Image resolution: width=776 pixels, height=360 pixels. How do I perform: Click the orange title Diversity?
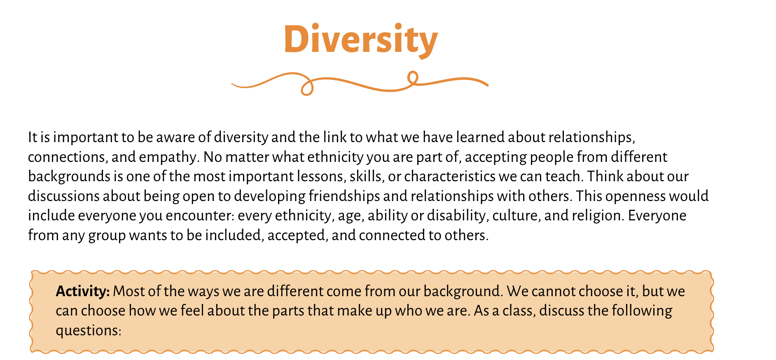tap(360, 40)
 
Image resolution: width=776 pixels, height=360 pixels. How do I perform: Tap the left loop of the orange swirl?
tap(307, 88)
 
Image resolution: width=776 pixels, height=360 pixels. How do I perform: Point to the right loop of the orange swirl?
tap(412, 77)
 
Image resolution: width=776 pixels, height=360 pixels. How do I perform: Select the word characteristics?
tap(449, 176)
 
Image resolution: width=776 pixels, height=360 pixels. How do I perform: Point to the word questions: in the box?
tap(89, 330)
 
